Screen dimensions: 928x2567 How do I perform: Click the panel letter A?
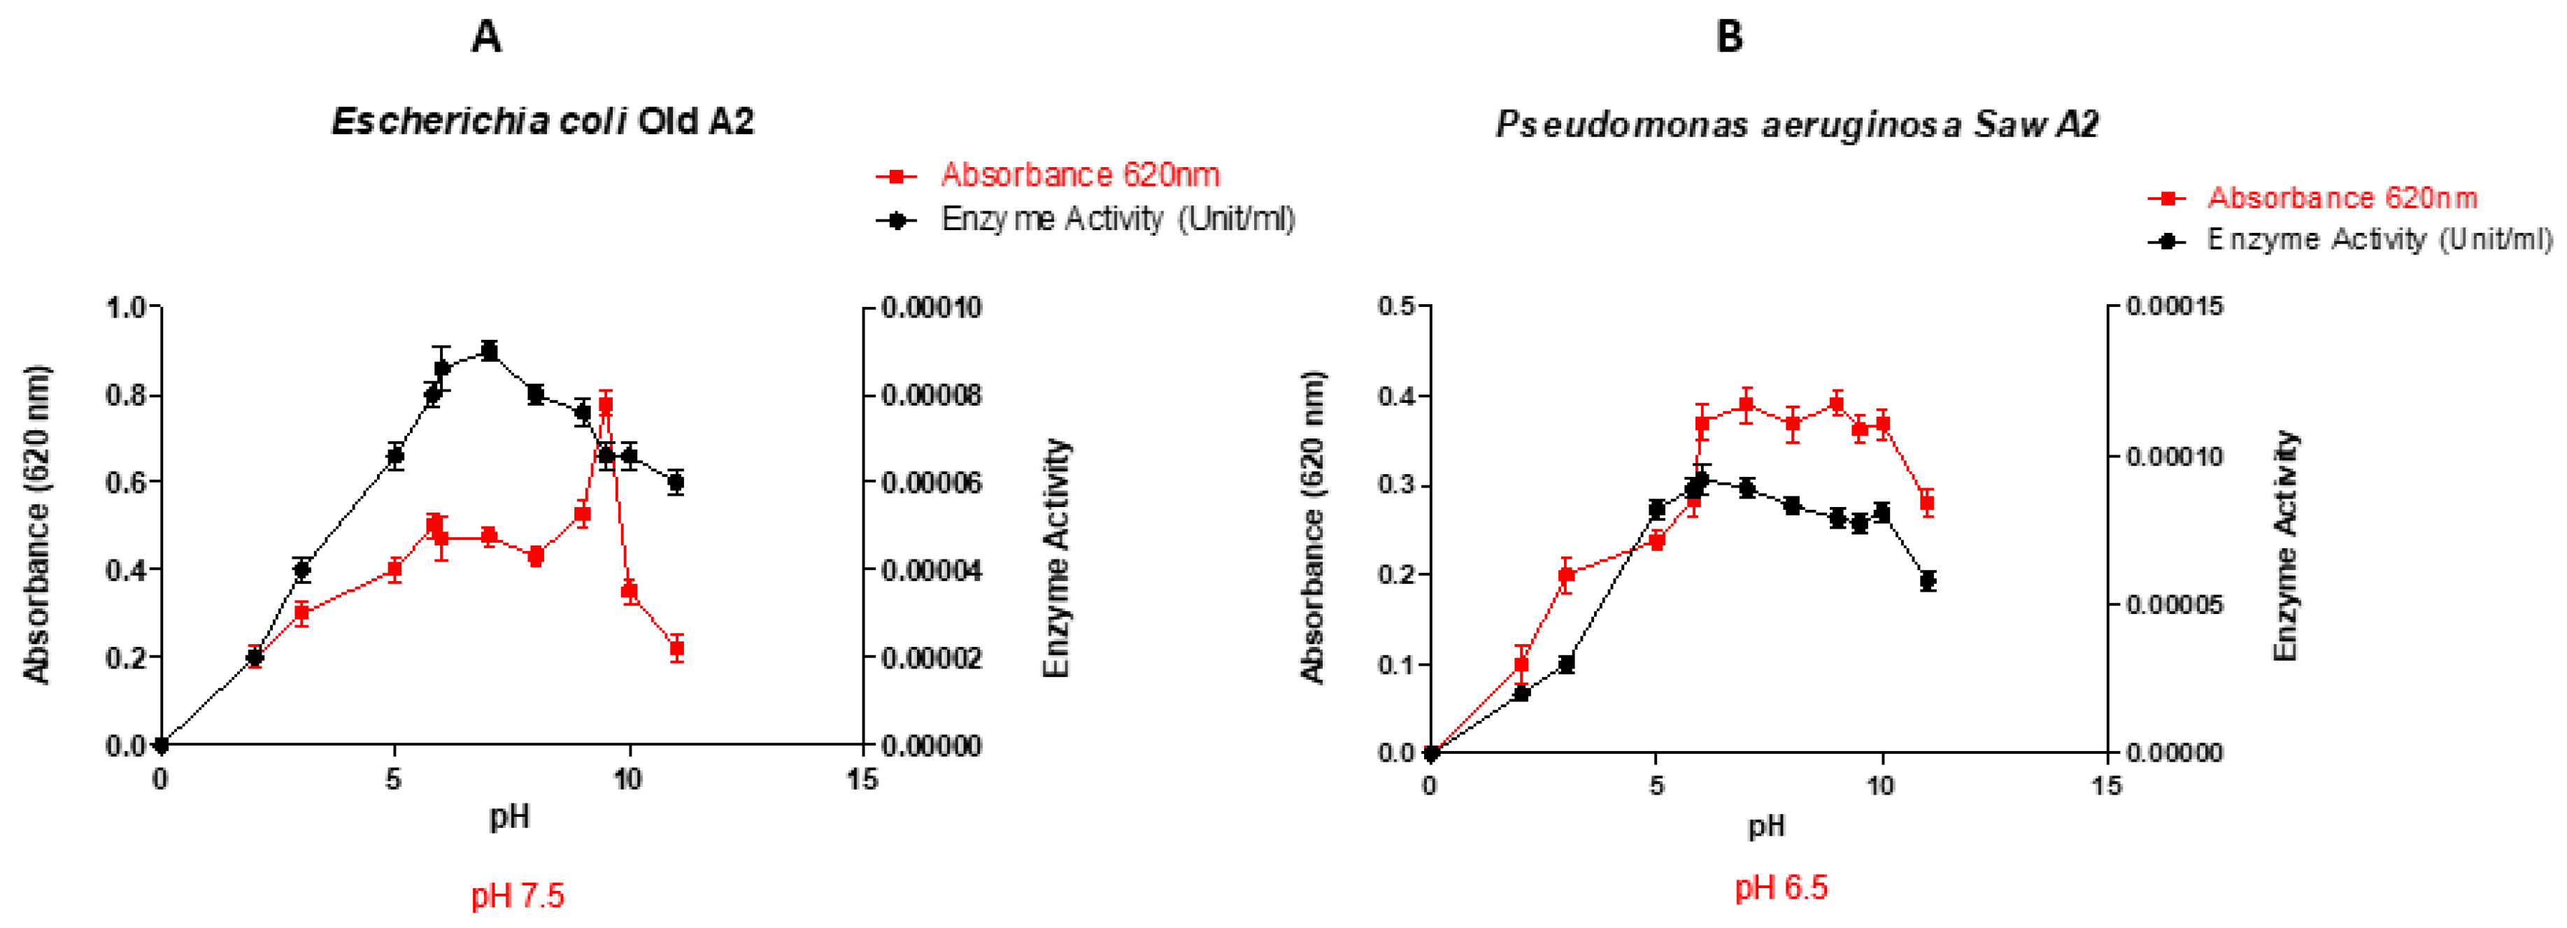coord(485,37)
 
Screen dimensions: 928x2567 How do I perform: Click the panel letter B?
coord(1729,37)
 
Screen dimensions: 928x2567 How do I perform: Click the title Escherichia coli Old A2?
coord(542,122)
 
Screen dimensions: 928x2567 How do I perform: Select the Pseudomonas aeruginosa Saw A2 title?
coord(1797,124)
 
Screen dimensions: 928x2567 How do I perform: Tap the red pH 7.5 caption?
coord(517,895)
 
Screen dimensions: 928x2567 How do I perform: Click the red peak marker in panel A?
coord(605,405)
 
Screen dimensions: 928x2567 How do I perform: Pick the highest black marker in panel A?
coord(488,351)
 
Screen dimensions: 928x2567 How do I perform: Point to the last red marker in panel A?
coord(676,648)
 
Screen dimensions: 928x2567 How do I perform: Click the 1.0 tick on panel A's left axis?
coord(126,307)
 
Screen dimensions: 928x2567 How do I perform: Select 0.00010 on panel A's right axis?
coord(931,307)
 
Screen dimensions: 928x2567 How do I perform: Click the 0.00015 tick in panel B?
coord(2175,306)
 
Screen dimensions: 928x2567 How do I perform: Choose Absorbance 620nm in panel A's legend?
coord(1080,176)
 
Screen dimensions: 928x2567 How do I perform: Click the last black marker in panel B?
coord(1927,581)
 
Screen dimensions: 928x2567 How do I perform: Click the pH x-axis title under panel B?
coord(1766,825)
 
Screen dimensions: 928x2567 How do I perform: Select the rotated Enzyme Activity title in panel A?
coord(1056,558)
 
